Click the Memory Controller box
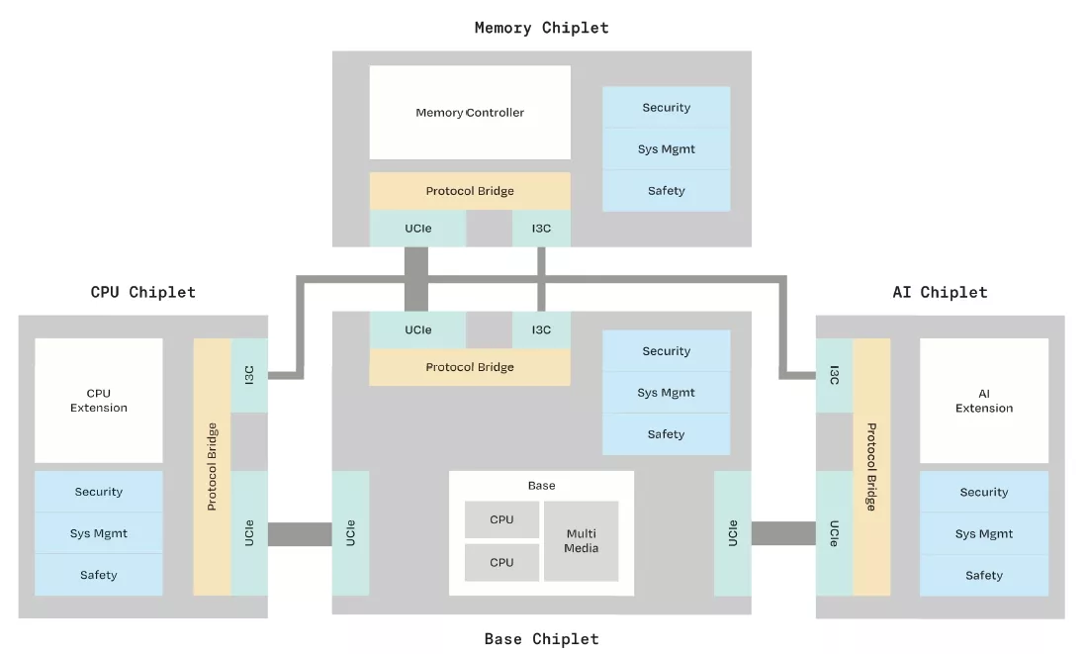point(470,112)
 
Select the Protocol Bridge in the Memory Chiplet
point(470,191)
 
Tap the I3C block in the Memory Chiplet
point(541,229)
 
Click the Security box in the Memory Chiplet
point(666,108)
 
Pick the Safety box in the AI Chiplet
point(983,575)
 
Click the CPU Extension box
point(99,401)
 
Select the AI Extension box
point(983,401)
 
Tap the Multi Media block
point(582,540)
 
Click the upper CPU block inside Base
point(501,519)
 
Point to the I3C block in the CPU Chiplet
point(249,375)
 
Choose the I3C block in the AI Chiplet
point(834,375)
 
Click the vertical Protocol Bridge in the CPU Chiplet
point(212,467)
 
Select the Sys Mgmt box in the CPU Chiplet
point(99,533)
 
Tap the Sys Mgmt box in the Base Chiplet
point(666,393)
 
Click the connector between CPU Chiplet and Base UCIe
point(300,533)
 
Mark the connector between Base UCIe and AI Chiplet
point(783,533)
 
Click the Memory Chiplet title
point(541,28)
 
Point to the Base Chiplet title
point(541,638)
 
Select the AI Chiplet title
point(939,292)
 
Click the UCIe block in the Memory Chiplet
point(417,229)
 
